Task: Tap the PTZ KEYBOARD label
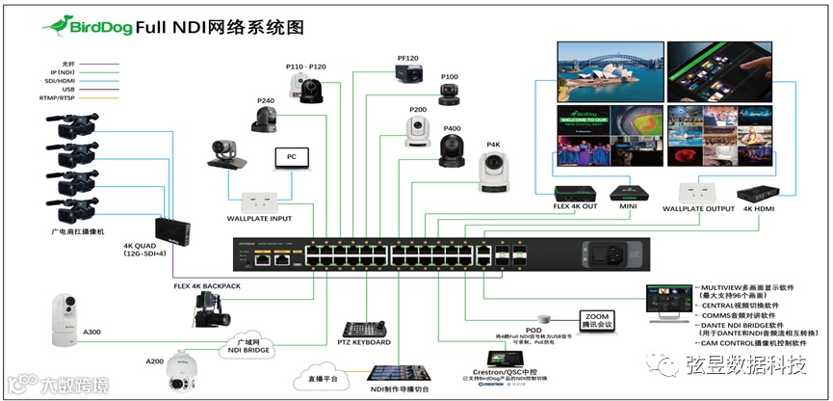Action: click(x=364, y=342)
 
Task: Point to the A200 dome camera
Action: click(x=183, y=371)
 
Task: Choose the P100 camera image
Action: click(x=448, y=94)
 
